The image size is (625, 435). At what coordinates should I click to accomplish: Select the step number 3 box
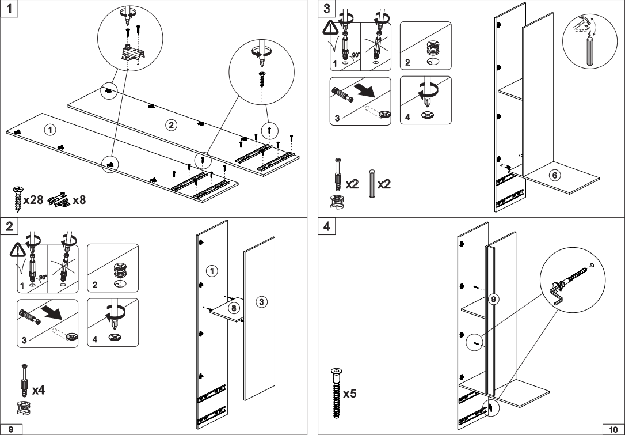pos(327,9)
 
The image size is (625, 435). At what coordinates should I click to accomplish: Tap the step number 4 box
pos(327,226)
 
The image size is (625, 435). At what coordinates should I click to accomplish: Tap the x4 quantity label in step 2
pos(38,391)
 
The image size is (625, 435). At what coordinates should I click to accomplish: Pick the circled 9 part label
pos(492,298)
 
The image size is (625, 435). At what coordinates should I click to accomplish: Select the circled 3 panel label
pos(260,301)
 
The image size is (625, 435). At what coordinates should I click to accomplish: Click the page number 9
pos(11,429)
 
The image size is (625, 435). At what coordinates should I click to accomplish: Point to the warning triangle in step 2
pos(17,251)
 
